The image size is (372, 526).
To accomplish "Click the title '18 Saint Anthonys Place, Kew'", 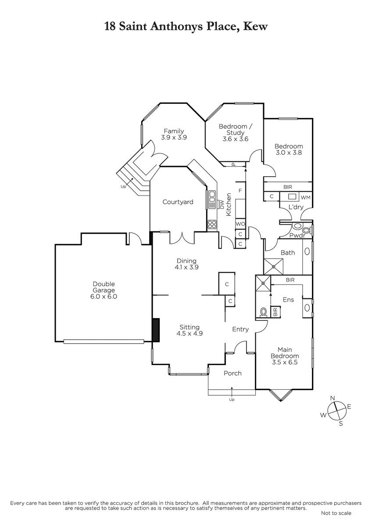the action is tap(186, 27).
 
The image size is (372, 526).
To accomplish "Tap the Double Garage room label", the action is tap(104, 287).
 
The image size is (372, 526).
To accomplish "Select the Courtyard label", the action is tap(178, 202).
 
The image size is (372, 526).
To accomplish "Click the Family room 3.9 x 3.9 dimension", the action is tap(174, 137).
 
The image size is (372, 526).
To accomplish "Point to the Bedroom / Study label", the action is tap(235, 129).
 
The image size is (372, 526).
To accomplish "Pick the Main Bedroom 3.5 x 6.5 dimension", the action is tap(285, 362).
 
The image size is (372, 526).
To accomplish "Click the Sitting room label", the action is tap(190, 327).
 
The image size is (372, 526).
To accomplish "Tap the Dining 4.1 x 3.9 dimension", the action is tap(186, 267).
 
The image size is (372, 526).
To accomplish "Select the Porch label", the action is tap(232, 373).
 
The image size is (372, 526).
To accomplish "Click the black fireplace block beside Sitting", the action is tap(156, 330).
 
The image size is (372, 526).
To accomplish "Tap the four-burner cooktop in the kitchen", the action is tap(212, 224).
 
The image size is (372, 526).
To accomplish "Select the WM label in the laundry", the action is tap(305, 198).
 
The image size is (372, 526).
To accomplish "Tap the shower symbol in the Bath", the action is tap(274, 267).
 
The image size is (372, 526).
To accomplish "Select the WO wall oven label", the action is tap(240, 224).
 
